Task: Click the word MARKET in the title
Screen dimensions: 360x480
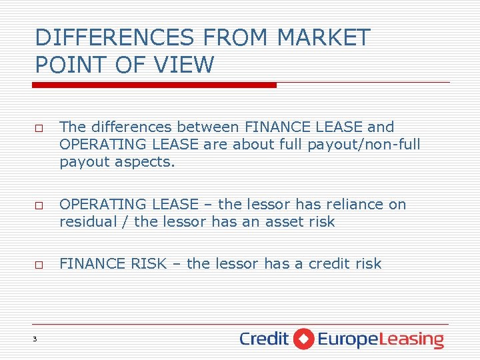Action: (323, 37)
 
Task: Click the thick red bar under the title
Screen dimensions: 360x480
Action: (155, 85)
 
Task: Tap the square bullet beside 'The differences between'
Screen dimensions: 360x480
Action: (39, 127)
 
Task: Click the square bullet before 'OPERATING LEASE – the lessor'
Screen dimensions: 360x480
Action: (39, 205)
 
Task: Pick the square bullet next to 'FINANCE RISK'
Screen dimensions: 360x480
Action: (39, 265)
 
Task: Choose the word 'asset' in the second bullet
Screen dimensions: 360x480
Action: (275, 221)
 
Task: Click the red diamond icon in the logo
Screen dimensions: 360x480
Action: (303, 339)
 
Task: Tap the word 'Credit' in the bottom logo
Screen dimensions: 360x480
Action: (264, 339)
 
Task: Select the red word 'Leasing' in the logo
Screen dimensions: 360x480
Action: (415, 339)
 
